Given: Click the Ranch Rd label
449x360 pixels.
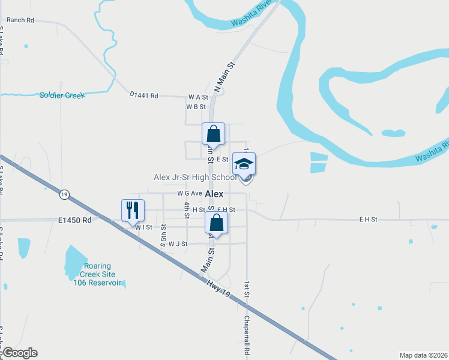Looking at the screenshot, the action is point(20,20).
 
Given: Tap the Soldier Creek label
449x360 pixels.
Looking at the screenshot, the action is point(62,95).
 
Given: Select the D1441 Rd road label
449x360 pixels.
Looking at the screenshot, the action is point(143,95).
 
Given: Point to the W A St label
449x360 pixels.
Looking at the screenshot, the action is point(197,97).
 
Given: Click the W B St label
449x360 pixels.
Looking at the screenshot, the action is point(196,107).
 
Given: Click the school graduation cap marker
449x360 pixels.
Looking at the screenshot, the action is point(244,164).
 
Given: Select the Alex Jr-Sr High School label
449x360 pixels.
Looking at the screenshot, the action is point(195,177).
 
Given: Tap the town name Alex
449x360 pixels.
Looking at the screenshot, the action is point(214,194).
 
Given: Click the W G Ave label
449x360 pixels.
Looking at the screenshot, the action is point(189,193).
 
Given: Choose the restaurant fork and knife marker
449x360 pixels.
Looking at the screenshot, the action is point(133,210).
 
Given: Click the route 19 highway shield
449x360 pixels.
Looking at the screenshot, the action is point(64,194).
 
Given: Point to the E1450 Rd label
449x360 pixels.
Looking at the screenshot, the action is point(75,220).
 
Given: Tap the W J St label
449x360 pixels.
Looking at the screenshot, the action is point(178,244).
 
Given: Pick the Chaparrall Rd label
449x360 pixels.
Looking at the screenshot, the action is point(246,334).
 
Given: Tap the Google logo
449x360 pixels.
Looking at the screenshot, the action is point(19,353).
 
